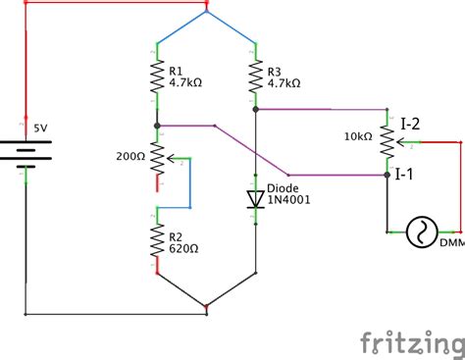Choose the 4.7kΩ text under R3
coord(284,83)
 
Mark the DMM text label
coord(452,241)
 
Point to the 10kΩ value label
coord(358,136)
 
